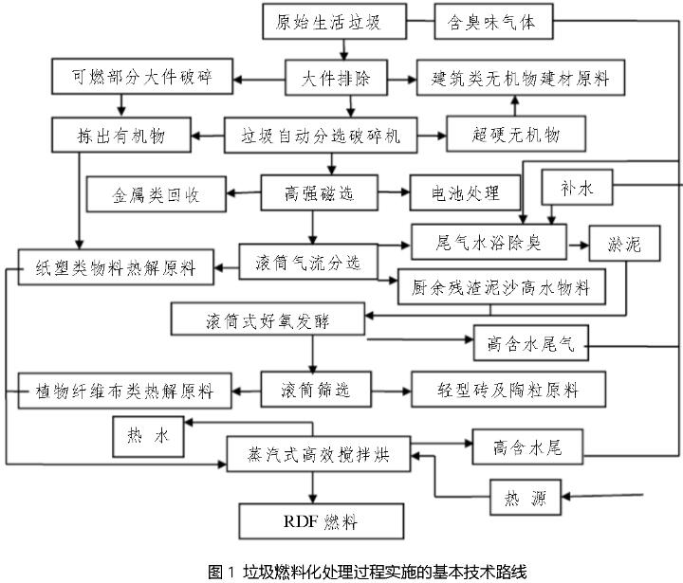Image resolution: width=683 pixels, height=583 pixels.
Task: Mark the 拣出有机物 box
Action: tap(122, 136)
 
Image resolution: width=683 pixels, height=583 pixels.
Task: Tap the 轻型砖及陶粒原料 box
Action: tap(508, 389)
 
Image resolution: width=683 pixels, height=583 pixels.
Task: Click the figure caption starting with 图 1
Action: tap(340, 571)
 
